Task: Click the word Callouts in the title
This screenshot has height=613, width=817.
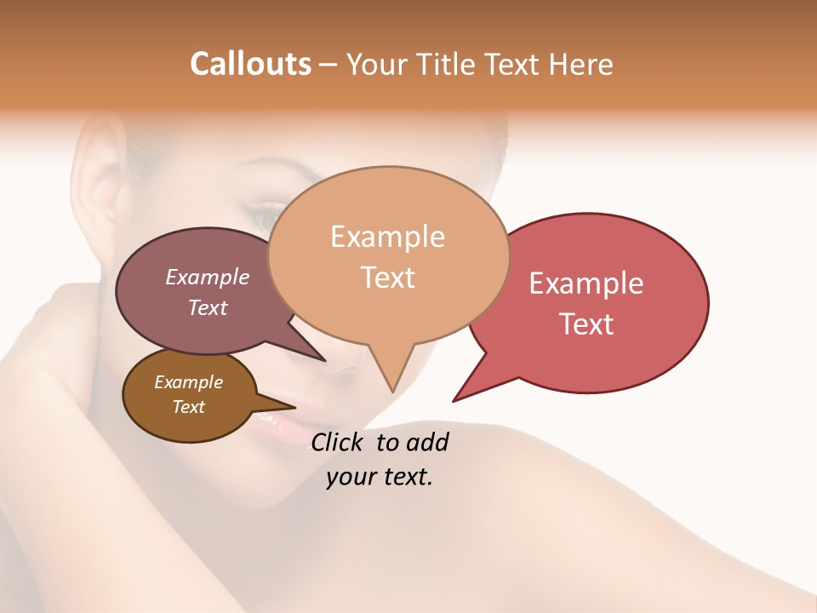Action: coord(250,64)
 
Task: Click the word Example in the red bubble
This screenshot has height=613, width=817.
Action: coord(586,284)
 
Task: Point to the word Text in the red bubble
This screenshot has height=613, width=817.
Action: coord(586,324)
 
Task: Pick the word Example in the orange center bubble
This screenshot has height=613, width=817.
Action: coord(387,237)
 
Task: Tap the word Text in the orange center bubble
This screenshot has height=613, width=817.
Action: coord(387,278)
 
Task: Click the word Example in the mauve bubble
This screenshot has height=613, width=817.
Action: coord(207,277)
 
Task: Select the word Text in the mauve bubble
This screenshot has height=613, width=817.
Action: coord(207,307)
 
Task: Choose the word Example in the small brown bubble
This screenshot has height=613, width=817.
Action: coord(188,382)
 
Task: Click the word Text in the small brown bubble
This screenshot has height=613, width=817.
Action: coord(188,407)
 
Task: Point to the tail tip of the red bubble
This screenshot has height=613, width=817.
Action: coord(454,399)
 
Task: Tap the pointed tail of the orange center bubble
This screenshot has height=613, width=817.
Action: coord(392,390)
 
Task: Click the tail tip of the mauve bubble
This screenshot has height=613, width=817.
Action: coord(324,360)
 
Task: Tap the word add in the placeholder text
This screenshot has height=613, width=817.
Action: coord(427,442)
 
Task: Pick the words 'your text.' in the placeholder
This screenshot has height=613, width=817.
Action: coord(380,477)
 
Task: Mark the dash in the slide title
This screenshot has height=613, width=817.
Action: coord(329,65)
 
